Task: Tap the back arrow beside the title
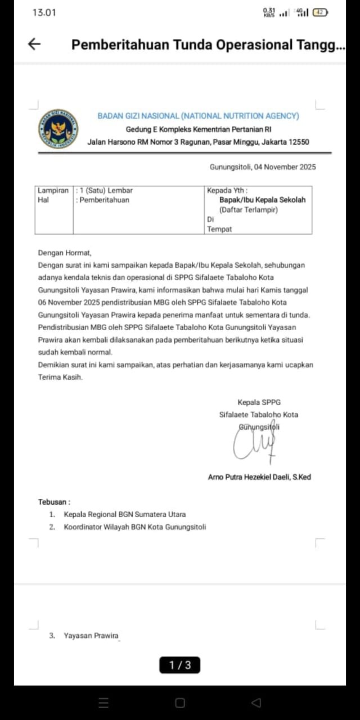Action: click(x=34, y=44)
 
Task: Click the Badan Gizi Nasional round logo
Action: click(x=58, y=129)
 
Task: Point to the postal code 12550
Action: click(x=299, y=142)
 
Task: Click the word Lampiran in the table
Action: click(x=53, y=191)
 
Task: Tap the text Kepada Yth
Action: click(x=227, y=191)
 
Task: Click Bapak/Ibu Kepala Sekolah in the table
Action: click(x=262, y=200)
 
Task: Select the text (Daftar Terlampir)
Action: click(x=249, y=210)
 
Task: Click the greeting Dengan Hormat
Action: click(x=64, y=253)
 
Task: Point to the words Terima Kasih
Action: click(x=60, y=377)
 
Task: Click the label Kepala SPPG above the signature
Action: click(x=259, y=402)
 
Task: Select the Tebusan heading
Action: click(x=55, y=502)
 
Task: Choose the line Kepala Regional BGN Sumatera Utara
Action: click(x=124, y=514)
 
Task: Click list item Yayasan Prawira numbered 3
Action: click(x=91, y=636)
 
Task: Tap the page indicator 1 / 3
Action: click(x=180, y=665)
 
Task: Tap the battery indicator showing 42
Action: click(x=320, y=12)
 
